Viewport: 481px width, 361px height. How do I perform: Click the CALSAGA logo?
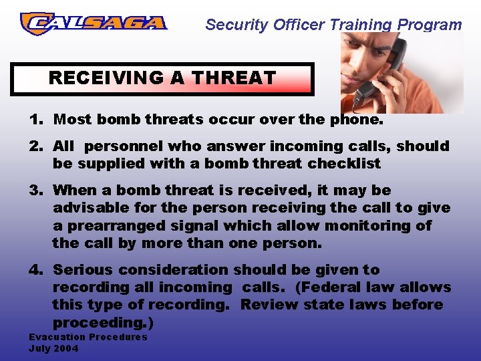coord(94,23)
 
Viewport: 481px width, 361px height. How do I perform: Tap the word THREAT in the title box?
coord(232,78)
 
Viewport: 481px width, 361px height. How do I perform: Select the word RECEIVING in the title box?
coord(107,78)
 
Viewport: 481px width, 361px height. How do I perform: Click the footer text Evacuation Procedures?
coord(88,337)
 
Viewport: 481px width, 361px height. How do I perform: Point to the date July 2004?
coord(53,348)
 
